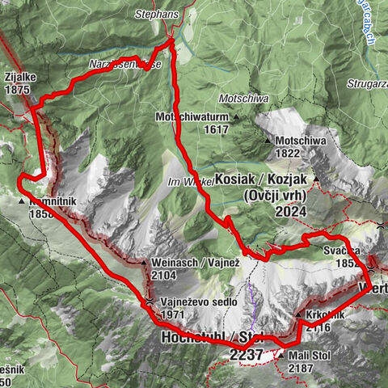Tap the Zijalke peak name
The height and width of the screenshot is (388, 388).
point(17,77)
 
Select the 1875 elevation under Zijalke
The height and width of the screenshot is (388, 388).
point(17,91)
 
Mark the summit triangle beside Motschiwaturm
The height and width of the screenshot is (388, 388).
point(236,118)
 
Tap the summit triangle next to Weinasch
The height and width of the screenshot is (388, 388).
point(142,263)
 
